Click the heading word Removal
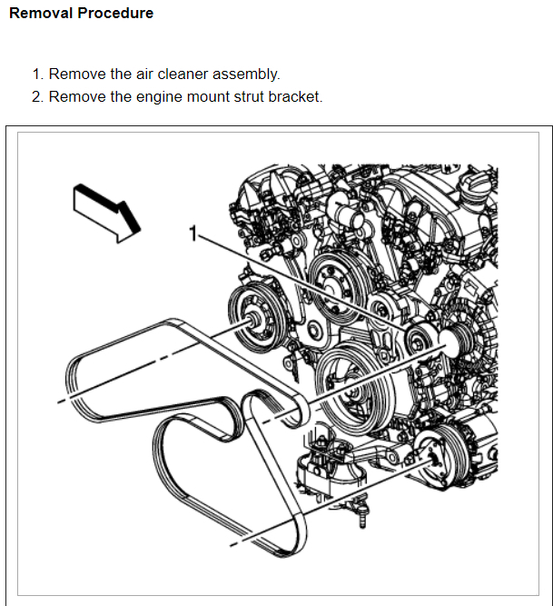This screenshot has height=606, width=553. point(40,14)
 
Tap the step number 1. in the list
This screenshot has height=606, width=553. point(37,75)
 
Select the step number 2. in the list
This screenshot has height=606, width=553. point(37,96)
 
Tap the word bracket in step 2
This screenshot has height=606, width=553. point(294,96)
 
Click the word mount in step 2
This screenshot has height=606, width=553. point(193,96)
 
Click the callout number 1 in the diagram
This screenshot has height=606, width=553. point(193,234)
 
